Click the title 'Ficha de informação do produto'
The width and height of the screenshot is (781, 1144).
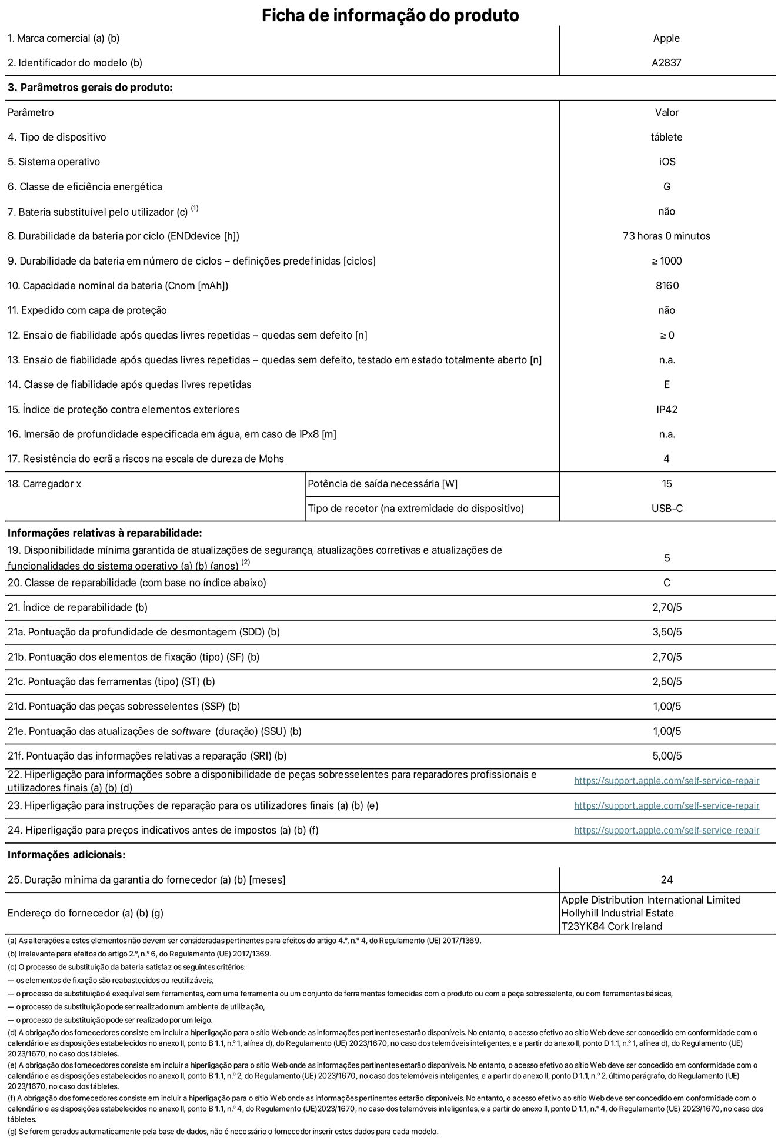[x=390, y=15]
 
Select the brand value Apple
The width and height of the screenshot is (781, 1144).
[x=666, y=38]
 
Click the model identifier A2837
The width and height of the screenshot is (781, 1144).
[x=666, y=63]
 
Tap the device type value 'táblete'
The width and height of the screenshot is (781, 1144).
[x=666, y=137]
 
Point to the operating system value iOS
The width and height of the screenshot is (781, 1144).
[x=667, y=162]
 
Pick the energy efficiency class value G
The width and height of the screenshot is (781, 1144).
[x=666, y=186]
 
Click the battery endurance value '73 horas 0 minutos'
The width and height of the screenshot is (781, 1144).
[x=666, y=236]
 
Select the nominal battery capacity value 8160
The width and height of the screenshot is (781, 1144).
[x=667, y=286]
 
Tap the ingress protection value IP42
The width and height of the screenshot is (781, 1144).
[x=667, y=409]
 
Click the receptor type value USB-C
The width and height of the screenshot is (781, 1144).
[x=667, y=509]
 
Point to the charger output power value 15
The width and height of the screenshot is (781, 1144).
[x=666, y=484]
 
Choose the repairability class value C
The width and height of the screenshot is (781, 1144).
[x=666, y=583]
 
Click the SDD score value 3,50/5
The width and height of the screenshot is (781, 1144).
[x=667, y=632]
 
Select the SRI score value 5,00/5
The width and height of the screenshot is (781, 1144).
[x=667, y=756]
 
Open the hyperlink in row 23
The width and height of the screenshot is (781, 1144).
[x=666, y=805]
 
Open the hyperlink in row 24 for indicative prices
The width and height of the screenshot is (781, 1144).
[x=666, y=830]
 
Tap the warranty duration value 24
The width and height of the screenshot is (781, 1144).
[x=666, y=879]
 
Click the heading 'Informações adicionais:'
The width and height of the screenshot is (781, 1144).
[x=66, y=855]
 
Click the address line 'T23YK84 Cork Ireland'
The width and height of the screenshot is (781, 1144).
[x=612, y=926]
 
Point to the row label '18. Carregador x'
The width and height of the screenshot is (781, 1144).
[x=45, y=484]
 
